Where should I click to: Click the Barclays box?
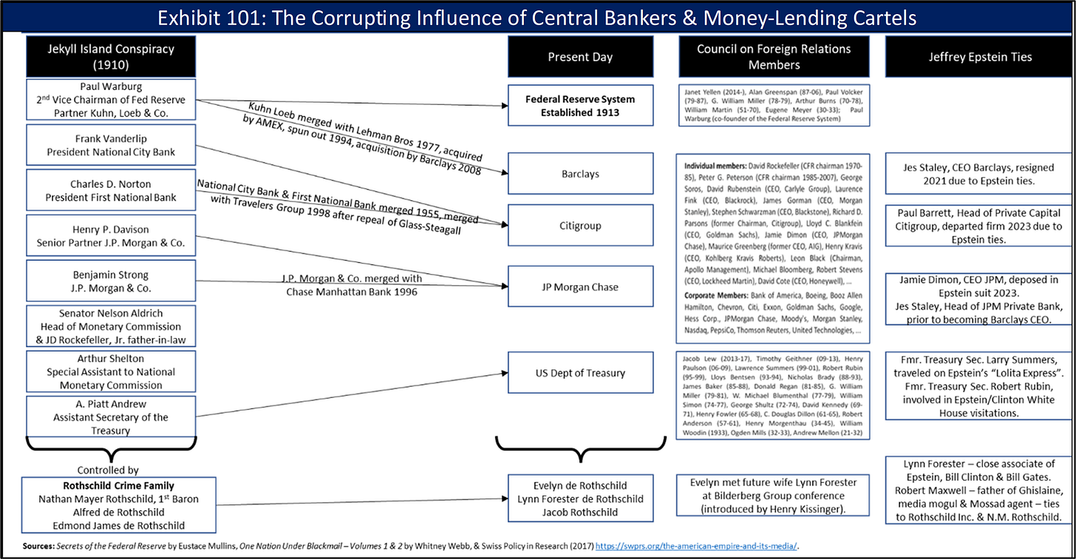point(580,174)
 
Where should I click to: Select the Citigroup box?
point(580,225)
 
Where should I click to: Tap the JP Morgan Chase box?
point(580,287)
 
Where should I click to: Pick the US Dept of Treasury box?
point(580,373)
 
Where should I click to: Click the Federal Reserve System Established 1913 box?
point(580,106)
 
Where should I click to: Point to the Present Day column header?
point(580,57)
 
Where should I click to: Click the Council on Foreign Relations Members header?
point(774,57)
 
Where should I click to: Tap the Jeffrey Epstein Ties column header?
point(980,57)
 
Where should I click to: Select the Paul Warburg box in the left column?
point(110,100)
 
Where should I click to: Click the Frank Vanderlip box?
point(110,145)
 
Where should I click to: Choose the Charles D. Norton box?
point(110,190)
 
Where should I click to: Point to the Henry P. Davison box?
point(110,235)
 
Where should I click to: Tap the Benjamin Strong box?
point(110,281)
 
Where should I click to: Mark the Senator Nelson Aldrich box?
point(110,326)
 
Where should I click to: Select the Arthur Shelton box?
point(110,371)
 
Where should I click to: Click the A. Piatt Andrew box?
point(110,417)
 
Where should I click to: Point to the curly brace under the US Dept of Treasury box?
point(579,450)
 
